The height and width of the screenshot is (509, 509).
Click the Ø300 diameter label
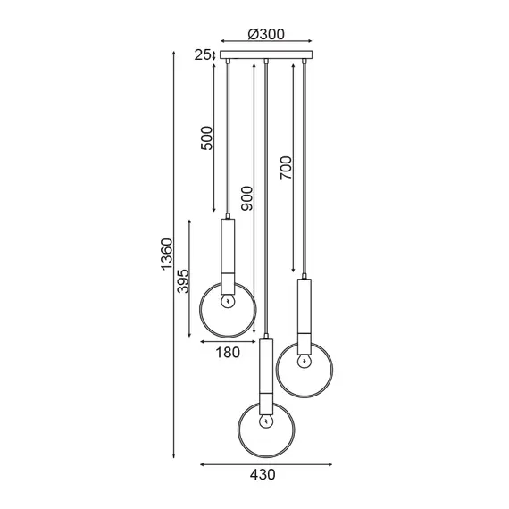pos(266,34)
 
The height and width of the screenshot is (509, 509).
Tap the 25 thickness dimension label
pos(202,55)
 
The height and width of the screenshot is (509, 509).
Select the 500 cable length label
pos(207,138)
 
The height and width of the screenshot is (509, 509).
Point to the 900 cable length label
pos(247,198)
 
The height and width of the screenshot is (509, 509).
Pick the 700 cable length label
pos(287,168)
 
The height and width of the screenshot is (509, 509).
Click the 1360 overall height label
pos(167,254)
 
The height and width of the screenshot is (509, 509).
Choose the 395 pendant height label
pos(183,281)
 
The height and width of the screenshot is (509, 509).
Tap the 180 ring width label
pos(228,352)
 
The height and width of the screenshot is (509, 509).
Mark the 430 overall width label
pos(263,474)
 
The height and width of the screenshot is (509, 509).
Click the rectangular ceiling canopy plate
pos(266,54)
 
